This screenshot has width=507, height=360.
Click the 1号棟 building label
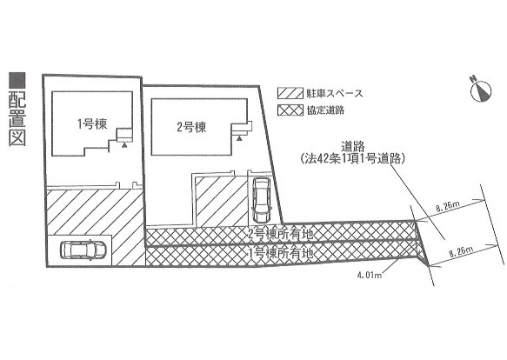92,123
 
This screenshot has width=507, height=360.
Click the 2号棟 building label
191,127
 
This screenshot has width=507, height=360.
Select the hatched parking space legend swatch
290,93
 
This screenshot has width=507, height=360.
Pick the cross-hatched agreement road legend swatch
290,110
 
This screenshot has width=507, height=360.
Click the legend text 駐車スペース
335,93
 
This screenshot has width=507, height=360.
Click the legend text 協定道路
325,110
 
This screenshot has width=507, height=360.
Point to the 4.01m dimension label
370,276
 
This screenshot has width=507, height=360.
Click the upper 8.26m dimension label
448,206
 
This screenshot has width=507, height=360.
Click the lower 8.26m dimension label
461,251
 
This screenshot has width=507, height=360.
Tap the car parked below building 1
83,250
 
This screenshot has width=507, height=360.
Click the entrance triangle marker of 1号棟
124,145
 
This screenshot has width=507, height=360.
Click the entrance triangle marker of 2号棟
239,138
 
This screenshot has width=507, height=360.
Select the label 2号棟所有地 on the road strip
281,234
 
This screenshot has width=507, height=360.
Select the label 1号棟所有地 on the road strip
281,253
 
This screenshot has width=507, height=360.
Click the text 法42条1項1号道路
352,159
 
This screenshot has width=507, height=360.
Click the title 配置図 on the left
17,118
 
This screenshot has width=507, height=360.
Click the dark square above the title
17,81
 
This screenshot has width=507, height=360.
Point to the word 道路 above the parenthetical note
353,147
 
